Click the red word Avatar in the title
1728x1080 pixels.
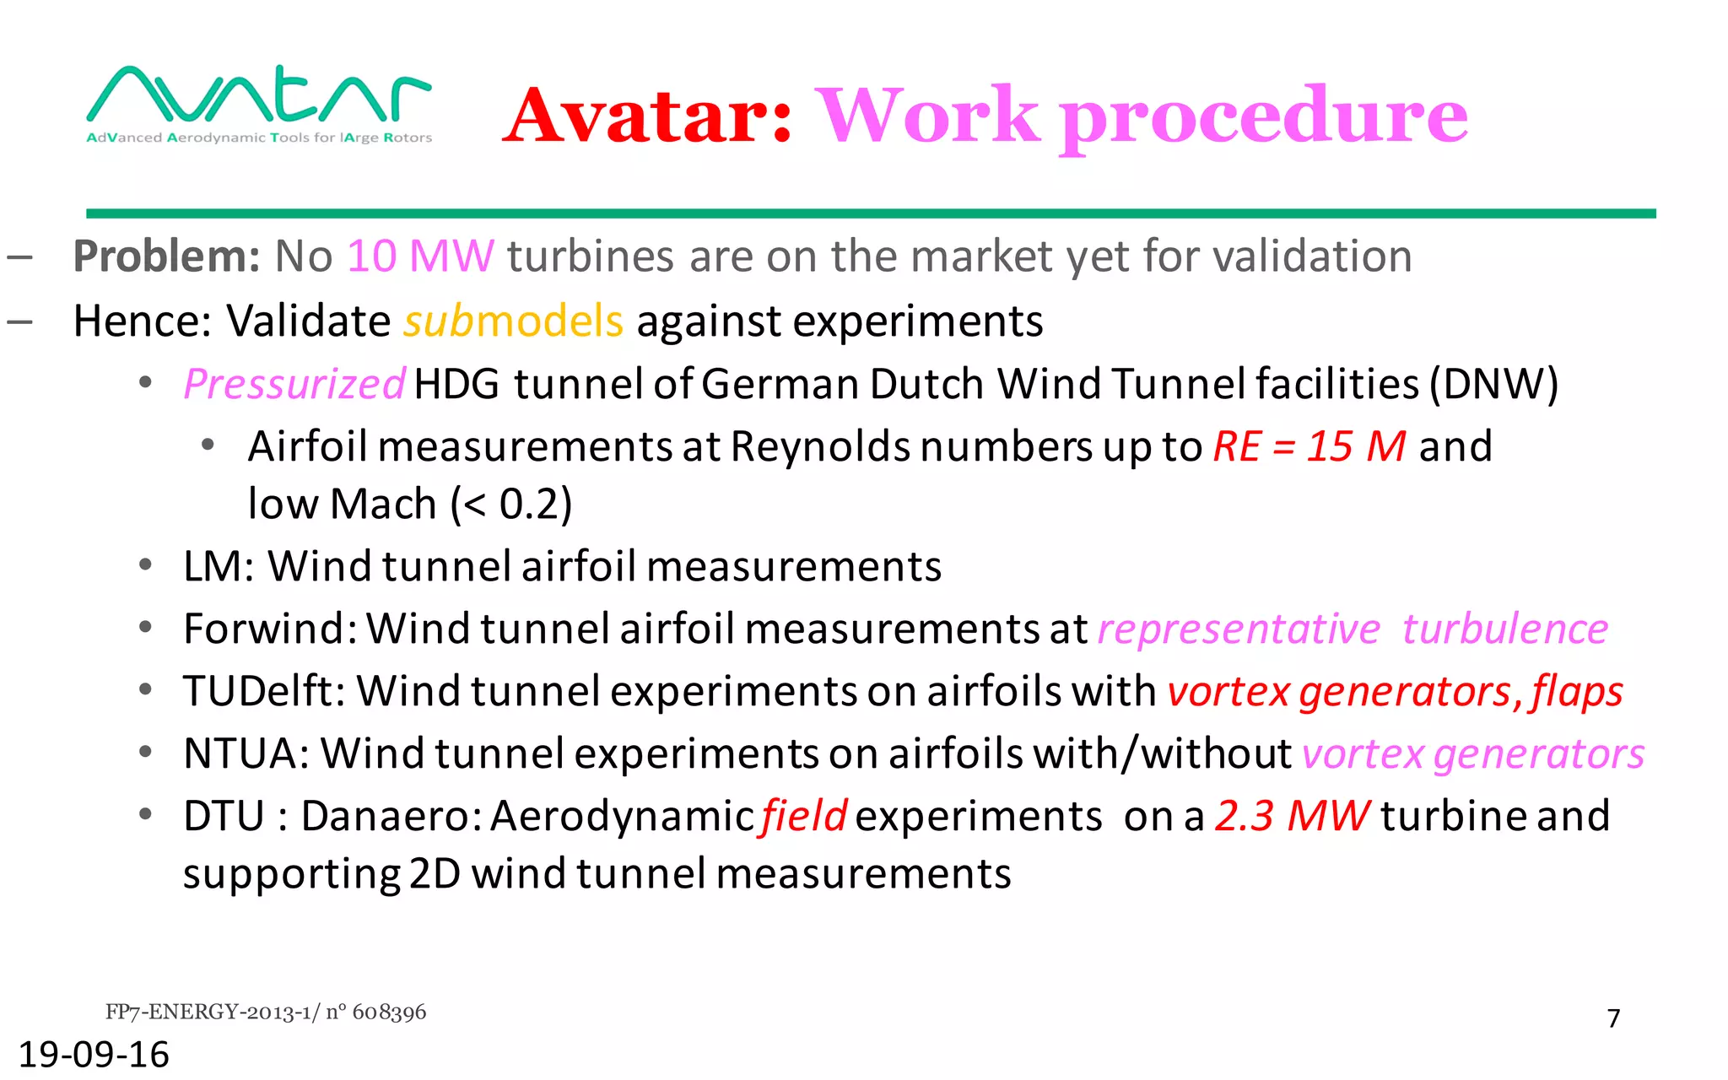point(648,116)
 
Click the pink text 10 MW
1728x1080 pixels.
point(420,256)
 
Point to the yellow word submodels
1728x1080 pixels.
point(513,321)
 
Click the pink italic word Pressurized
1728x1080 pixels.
point(294,384)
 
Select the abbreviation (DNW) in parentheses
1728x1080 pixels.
point(1493,384)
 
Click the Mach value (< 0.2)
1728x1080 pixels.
point(511,504)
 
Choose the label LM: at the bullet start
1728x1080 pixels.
point(219,566)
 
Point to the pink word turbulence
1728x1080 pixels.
point(1505,629)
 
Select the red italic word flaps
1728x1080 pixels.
point(1577,692)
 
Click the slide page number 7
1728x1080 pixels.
point(1613,1018)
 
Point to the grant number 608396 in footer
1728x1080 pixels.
point(389,1012)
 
